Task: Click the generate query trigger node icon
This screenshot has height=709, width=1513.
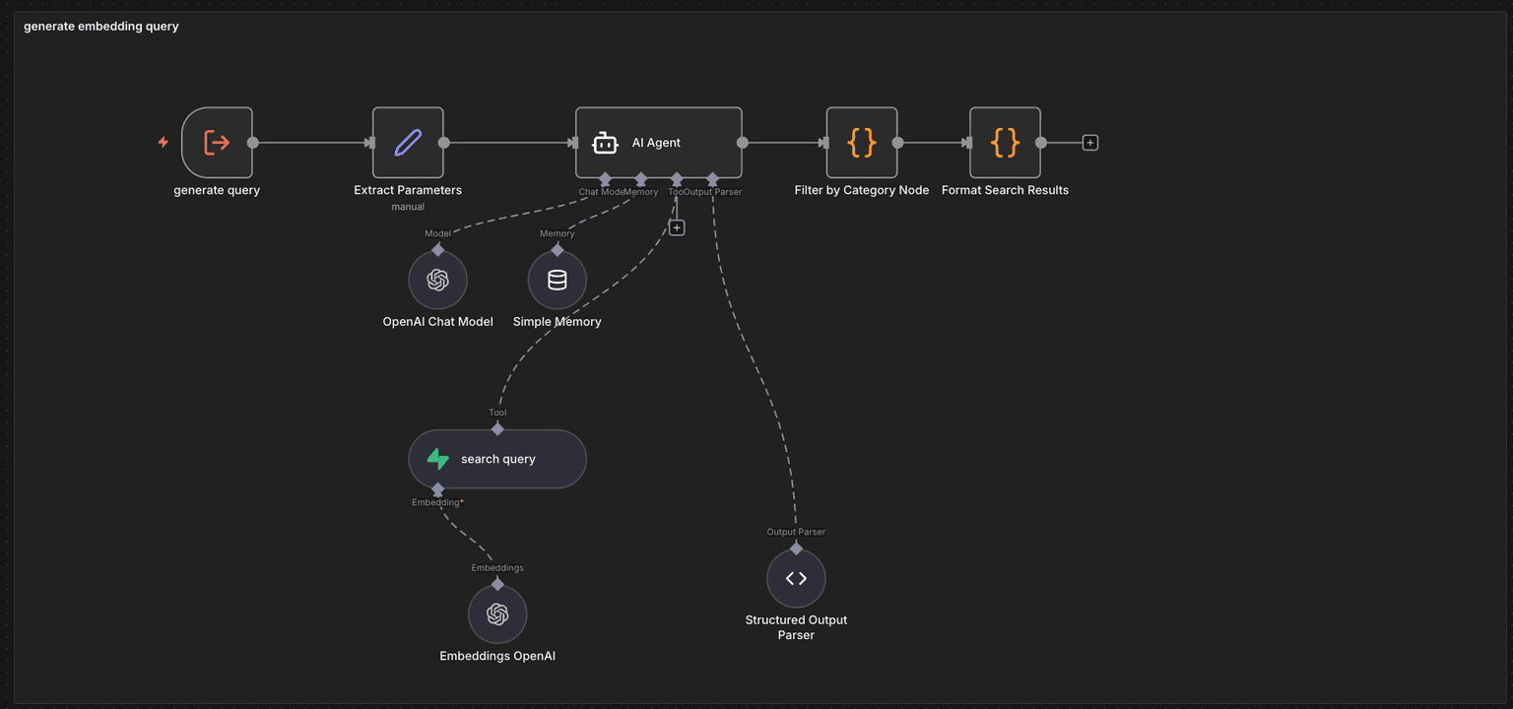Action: point(217,143)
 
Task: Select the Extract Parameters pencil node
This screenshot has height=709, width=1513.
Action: point(408,143)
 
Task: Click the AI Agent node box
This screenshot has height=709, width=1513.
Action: point(658,143)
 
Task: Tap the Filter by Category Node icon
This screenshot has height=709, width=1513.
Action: point(862,143)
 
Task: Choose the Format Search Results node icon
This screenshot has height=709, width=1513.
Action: point(1005,143)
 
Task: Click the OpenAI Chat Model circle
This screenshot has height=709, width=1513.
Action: point(438,280)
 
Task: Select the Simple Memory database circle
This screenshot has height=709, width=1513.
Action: point(558,280)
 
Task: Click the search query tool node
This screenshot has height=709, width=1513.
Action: point(497,459)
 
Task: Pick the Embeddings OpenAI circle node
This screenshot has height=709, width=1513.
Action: point(497,614)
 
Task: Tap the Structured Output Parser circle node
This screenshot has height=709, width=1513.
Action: point(796,579)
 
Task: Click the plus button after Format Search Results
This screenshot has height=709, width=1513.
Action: point(1089,143)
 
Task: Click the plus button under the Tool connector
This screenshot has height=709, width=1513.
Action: point(677,227)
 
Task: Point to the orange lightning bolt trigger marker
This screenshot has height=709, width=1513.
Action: point(164,143)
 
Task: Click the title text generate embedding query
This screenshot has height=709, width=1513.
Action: point(101,27)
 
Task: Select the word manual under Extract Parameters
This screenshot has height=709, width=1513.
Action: point(408,207)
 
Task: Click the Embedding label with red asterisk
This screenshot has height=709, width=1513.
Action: point(437,502)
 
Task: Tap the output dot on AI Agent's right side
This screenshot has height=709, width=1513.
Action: point(742,143)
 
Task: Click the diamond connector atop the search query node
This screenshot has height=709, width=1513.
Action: point(497,428)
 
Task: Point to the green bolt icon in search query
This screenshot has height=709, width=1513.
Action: point(437,459)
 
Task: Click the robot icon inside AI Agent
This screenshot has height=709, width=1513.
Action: point(605,144)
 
